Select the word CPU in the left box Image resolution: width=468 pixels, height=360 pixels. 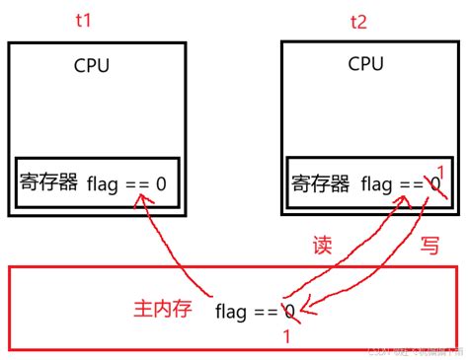pos(92,66)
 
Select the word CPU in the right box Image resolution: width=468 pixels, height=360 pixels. pos(366,64)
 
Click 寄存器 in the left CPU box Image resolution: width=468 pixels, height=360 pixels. pos(48,183)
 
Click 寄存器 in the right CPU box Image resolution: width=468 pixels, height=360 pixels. pos(321,184)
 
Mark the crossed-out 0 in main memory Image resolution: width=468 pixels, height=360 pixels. pos(289,313)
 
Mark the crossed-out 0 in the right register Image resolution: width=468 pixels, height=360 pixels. pos(432,184)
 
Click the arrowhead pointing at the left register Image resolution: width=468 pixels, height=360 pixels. pos(146,200)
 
